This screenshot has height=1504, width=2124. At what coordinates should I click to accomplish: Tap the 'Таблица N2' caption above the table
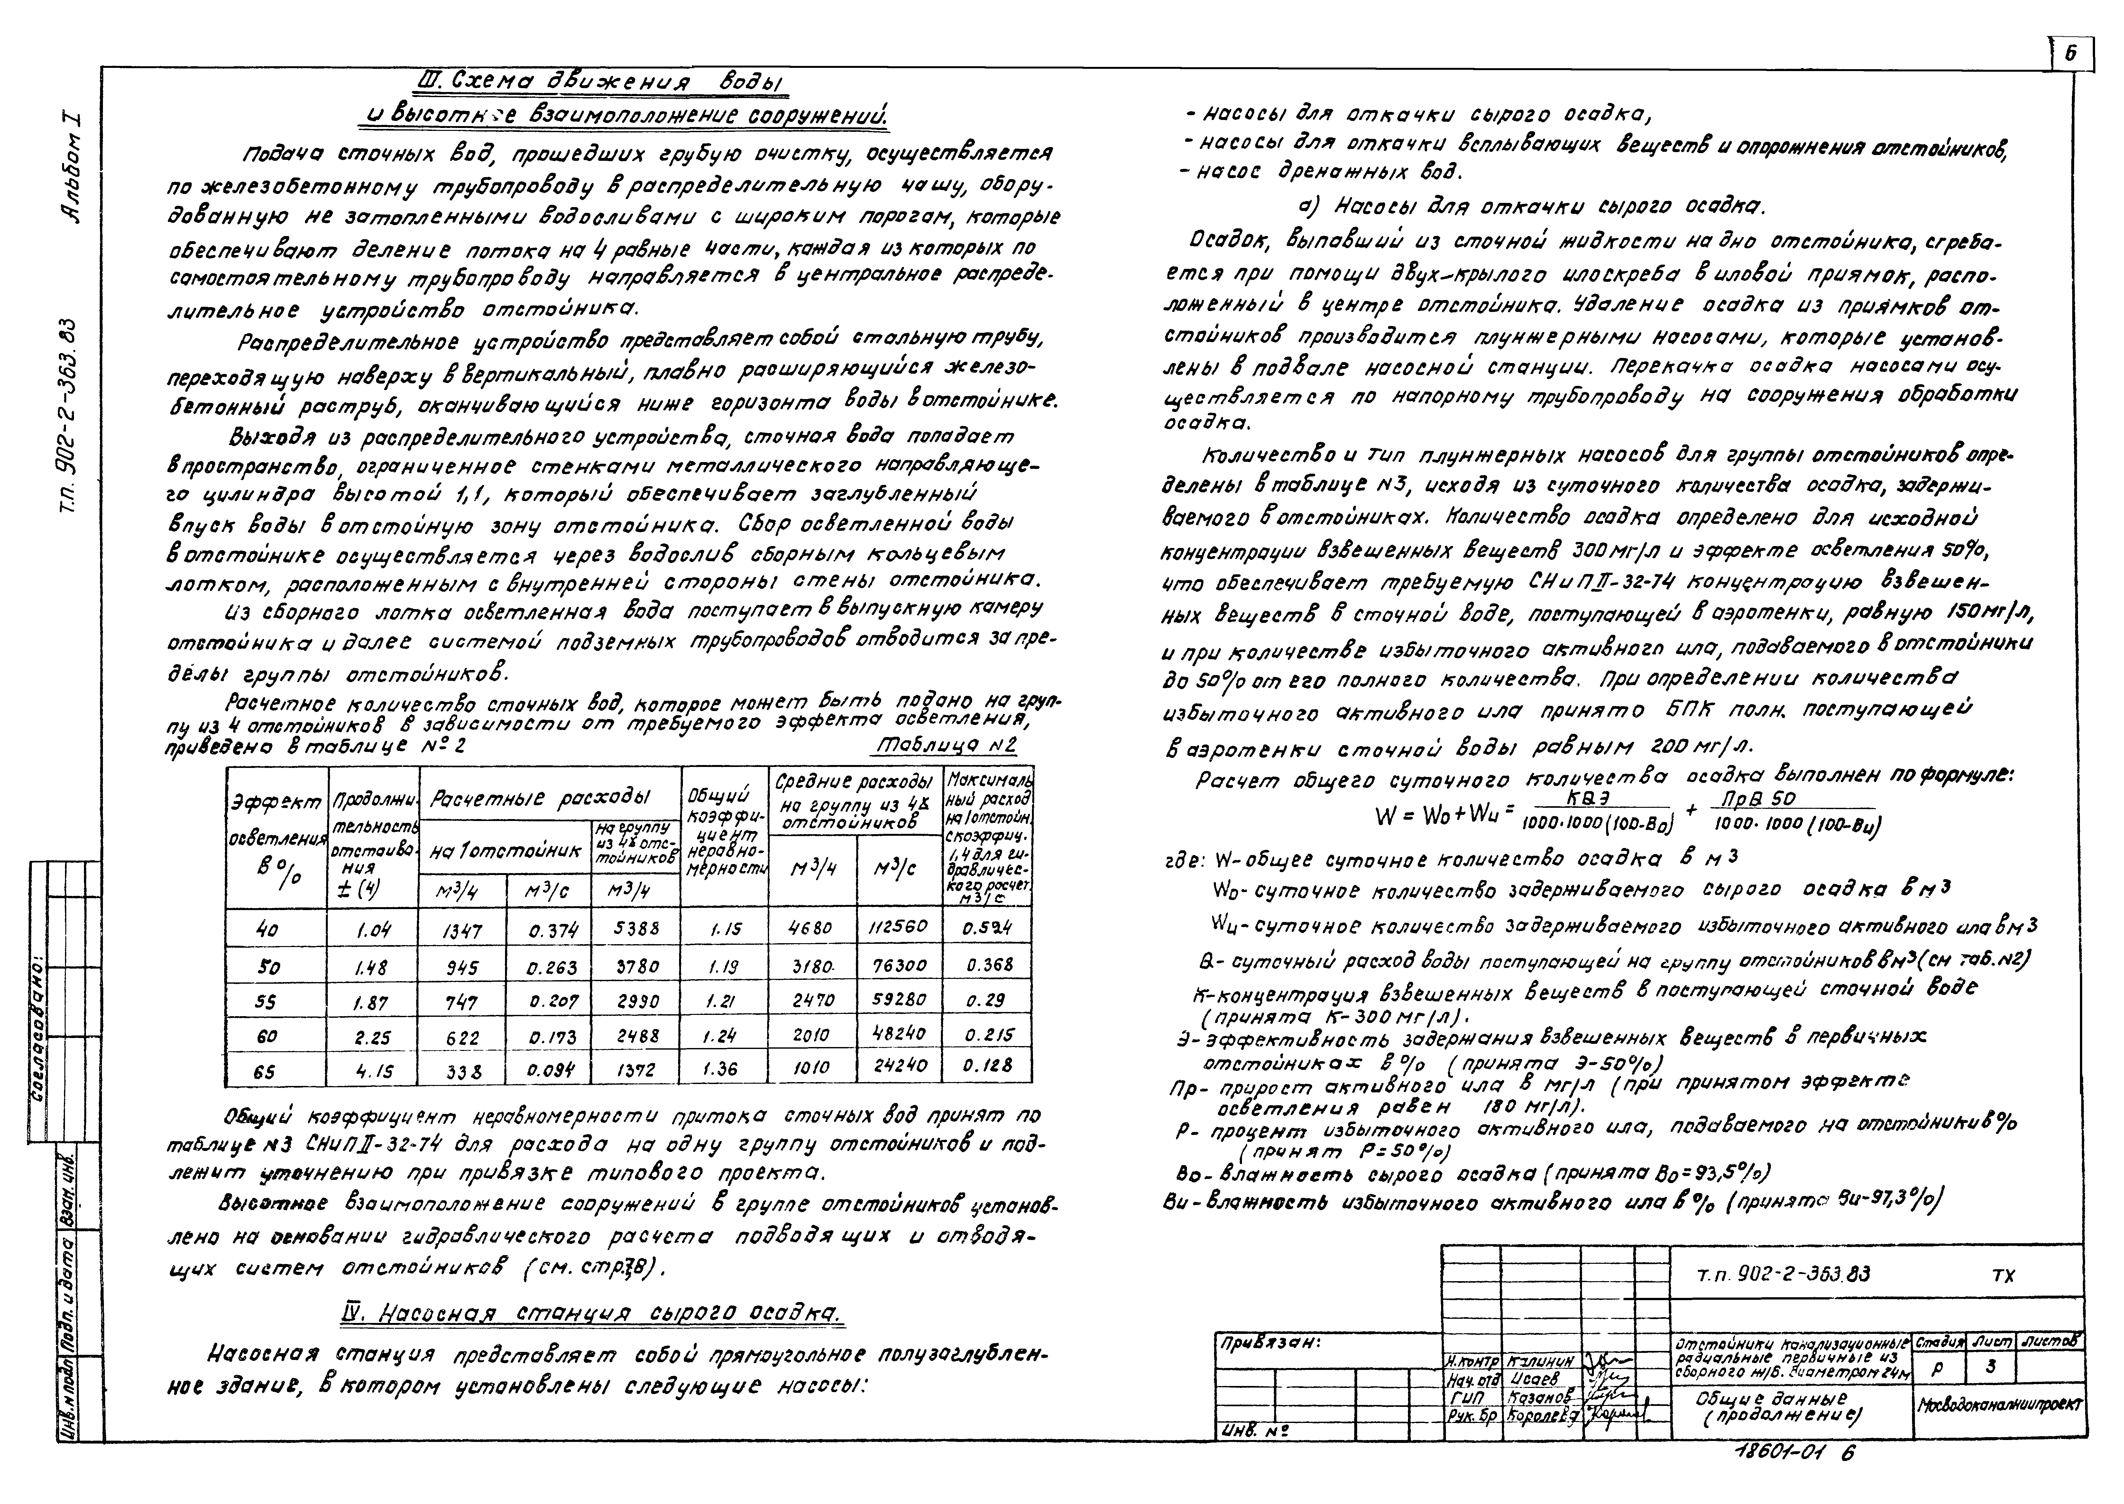(x=945, y=746)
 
